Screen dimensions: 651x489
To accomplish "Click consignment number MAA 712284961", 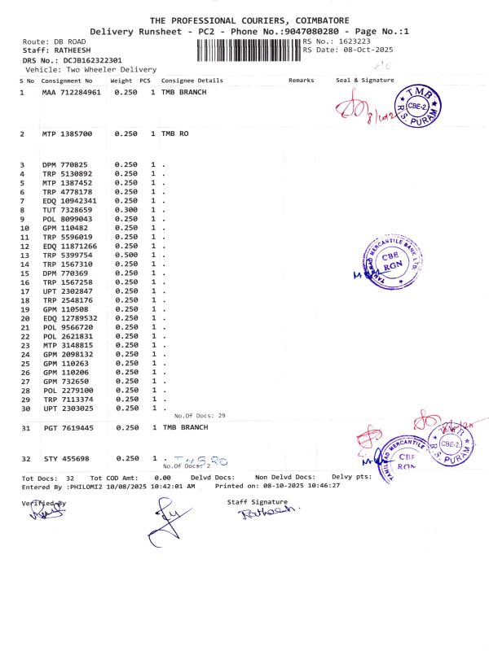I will click(71, 93).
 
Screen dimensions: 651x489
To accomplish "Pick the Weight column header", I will click(121, 81).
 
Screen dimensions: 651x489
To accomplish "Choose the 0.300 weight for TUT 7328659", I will click(126, 210).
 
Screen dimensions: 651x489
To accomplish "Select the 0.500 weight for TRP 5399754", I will click(126, 255).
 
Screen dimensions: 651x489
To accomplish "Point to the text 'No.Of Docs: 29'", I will click(200, 416).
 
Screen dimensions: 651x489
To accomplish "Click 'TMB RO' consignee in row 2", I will click(175, 133).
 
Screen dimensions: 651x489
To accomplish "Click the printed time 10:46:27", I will click(346, 486).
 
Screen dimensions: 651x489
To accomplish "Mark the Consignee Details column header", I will click(192, 81).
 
